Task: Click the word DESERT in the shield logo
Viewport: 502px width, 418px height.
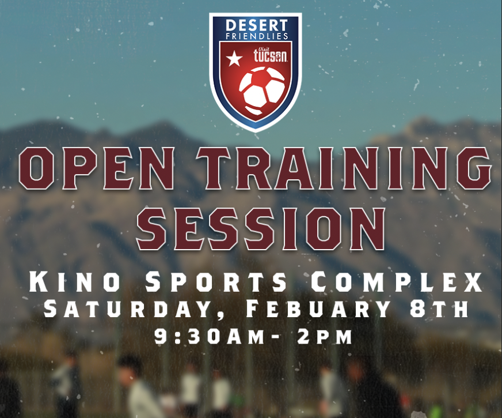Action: (x=256, y=25)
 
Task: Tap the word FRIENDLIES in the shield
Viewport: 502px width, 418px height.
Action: (x=257, y=36)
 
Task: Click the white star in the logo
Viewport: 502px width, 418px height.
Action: (x=234, y=59)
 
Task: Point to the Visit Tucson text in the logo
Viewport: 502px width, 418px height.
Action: (x=270, y=55)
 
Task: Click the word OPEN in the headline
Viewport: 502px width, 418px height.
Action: (x=96, y=168)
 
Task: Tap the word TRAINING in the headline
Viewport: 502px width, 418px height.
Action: (x=344, y=168)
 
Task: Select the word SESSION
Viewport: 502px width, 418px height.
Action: (x=261, y=228)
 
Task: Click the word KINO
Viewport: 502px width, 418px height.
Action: (x=75, y=282)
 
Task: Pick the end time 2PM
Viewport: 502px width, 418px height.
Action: (x=324, y=337)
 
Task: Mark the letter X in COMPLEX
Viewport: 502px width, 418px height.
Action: (x=472, y=282)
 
